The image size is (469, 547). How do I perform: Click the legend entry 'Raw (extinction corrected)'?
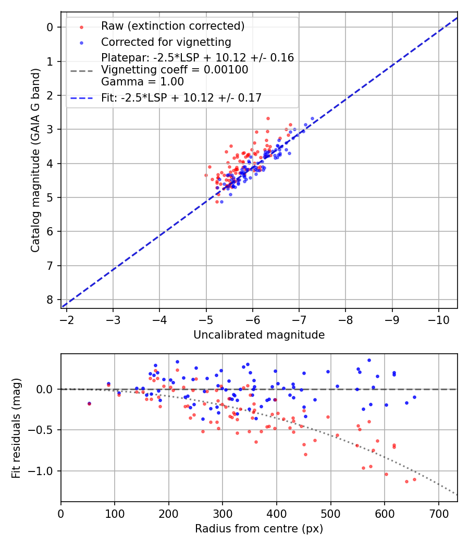pyautogui.click(x=172, y=26)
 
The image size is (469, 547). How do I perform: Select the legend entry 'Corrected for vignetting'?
pyautogui.click(x=166, y=42)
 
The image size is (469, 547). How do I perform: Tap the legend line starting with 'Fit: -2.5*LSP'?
pyautogui.click(x=181, y=97)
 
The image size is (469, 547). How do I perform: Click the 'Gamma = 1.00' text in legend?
pyautogui.click(x=142, y=81)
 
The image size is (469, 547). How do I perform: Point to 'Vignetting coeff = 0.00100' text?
pyautogui.click(x=175, y=69)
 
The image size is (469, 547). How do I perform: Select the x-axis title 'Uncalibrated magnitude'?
pyautogui.click(x=259, y=335)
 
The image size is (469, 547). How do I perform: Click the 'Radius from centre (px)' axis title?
pyautogui.click(x=259, y=529)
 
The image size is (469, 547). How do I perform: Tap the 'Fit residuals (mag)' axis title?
pyautogui.click(x=16, y=428)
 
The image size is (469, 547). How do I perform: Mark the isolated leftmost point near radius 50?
pyautogui.click(x=89, y=403)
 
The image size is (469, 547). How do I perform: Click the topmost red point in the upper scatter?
pyautogui.click(x=268, y=118)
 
